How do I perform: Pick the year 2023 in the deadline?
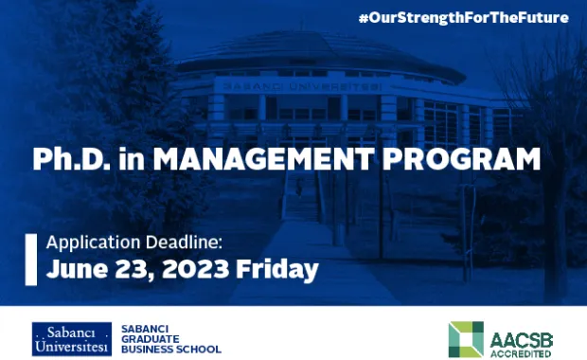click(194, 269)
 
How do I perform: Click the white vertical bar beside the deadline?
click(28, 257)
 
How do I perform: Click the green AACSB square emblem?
click(466, 339)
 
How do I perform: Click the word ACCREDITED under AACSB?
click(521, 351)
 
